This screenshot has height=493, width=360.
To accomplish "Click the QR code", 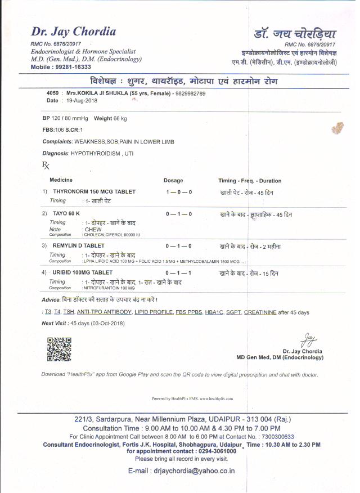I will (x=58, y=348).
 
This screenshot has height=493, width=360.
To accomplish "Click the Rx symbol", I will (x=46, y=165).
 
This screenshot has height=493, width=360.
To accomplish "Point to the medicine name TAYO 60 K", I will (x=66, y=214).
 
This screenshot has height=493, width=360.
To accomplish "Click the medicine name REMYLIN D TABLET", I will (x=78, y=246).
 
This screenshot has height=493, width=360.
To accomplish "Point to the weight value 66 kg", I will (x=119, y=119).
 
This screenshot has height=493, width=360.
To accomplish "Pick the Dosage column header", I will (x=173, y=181).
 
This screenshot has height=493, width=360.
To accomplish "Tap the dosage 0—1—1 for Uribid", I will (x=179, y=273).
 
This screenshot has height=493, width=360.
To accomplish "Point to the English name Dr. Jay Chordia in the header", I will (x=73, y=32).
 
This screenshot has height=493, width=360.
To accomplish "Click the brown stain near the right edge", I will (x=337, y=129).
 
